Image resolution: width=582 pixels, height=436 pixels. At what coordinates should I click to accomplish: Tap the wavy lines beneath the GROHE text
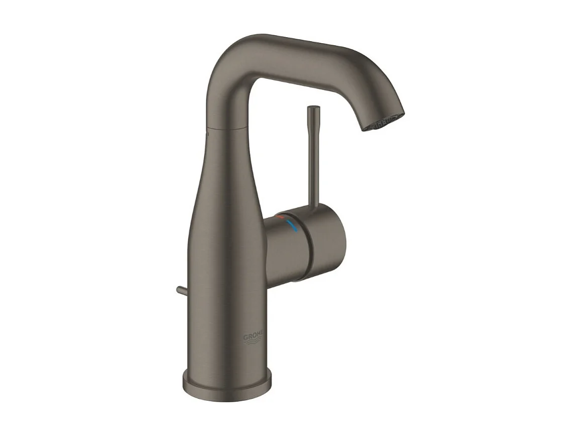[253, 343]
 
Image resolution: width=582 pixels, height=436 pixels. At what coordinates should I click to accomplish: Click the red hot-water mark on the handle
[280, 218]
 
